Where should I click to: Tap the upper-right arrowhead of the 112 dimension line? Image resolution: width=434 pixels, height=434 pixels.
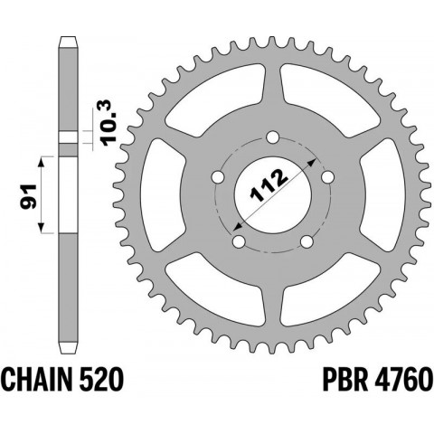(313, 157)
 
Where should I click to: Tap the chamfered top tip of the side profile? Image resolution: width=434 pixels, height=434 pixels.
(67, 40)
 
